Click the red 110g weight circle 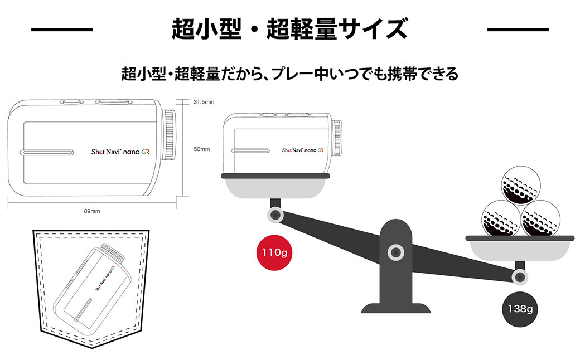click(x=274, y=252)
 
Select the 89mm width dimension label click(x=91, y=211)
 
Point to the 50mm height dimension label click(x=201, y=149)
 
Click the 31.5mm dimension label click(x=204, y=102)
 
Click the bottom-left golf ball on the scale click(x=501, y=218)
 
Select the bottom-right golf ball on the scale click(x=540, y=218)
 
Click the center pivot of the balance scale click(x=395, y=251)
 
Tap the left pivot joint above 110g click(x=274, y=215)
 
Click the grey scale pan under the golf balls click(x=520, y=249)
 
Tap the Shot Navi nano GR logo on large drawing click(x=120, y=152)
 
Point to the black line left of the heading click(x=61, y=29)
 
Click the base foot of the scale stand click(x=395, y=308)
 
